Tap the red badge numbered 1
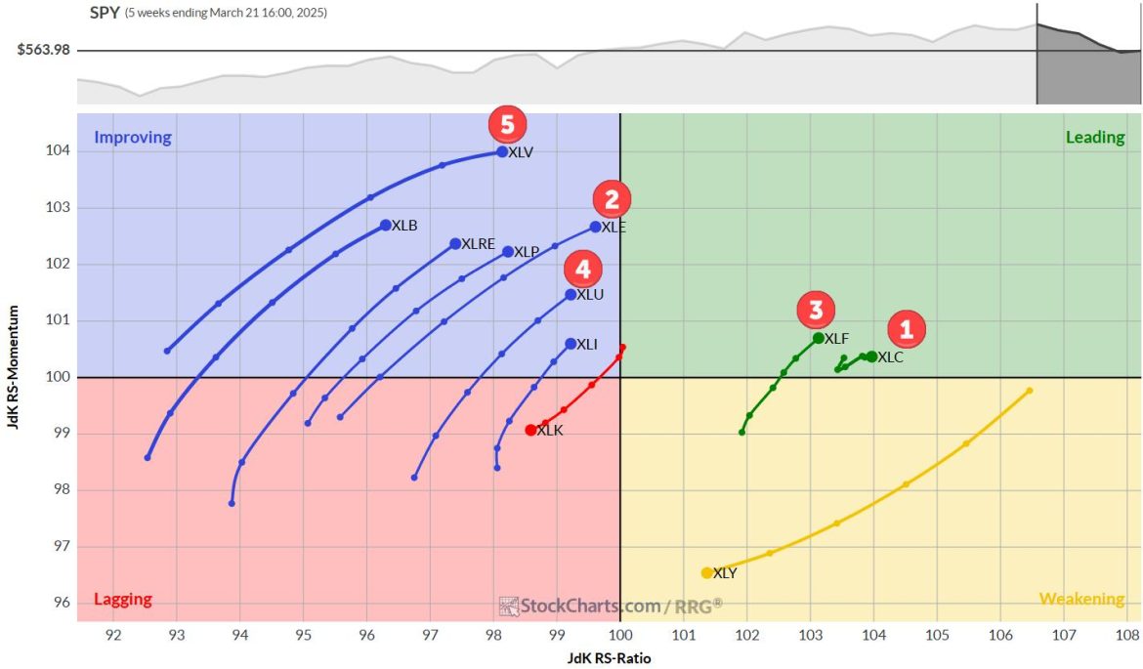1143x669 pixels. pos(906,330)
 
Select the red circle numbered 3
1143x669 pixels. pos(815,311)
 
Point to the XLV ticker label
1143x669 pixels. pos(521,152)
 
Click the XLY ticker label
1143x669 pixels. pos(724,573)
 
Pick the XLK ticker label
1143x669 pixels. pos(550,431)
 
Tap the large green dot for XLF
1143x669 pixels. pos(819,338)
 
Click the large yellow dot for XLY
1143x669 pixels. pos(706,573)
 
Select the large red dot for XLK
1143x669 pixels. pos(530,430)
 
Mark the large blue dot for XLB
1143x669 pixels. pos(386,225)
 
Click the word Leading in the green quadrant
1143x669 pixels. pos(1094,138)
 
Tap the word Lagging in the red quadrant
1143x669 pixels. pos(122,600)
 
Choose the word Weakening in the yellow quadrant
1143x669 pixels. pos(1081,599)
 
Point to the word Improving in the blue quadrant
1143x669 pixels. pos(133,138)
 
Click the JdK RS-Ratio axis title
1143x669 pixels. pos(609,658)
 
